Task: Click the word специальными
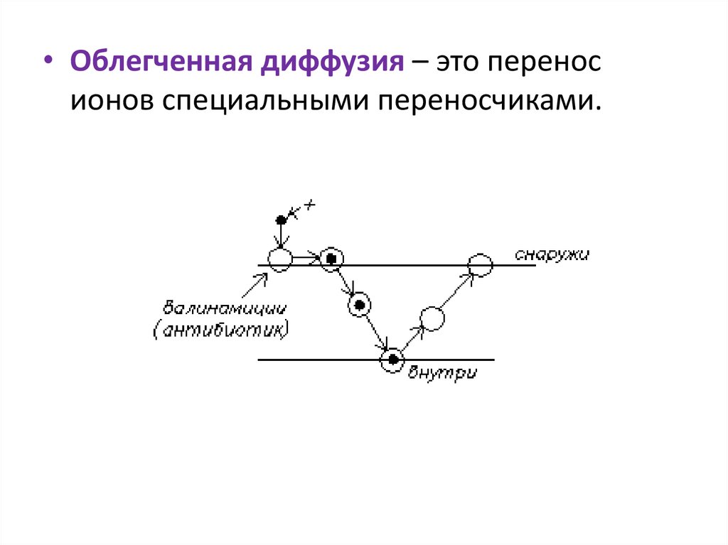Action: coord(264,101)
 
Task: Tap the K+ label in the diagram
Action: coord(304,208)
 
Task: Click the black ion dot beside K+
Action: coord(281,220)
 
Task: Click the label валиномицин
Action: coord(225,310)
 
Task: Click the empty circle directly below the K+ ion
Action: coord(280,259)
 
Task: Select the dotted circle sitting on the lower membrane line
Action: coord(391,360)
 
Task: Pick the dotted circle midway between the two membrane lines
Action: coord(360,305)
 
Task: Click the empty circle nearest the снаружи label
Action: coord(480,265)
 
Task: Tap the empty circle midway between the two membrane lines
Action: coord(432,318)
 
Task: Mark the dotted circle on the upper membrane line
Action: coord(330,259)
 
